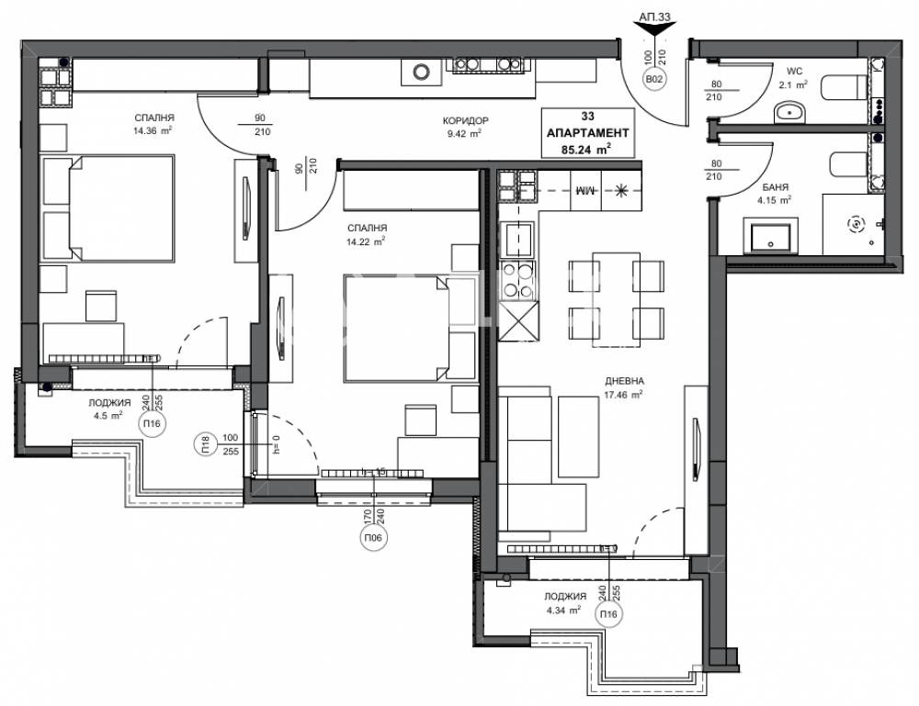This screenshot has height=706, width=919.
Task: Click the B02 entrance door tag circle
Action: [x=654, y=80]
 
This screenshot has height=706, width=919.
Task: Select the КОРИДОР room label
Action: [x=465, y=120]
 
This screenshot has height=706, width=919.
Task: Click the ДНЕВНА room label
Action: [x=623, y=380]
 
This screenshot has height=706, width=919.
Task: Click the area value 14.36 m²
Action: [x=153, y=130]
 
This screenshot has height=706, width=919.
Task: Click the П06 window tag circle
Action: [x=375, y=538]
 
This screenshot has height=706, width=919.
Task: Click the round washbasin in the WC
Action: [x=789, y=113]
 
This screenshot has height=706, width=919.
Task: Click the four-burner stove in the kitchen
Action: [x=515, y=280]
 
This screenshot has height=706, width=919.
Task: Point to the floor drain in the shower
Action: [x=856, y=223]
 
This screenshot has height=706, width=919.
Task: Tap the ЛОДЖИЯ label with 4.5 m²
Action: [x=109, y=402]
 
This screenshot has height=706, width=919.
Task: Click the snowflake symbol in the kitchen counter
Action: [x=622, y=190]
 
